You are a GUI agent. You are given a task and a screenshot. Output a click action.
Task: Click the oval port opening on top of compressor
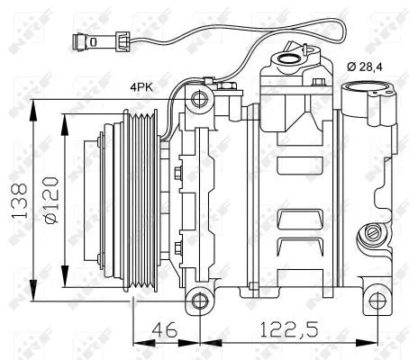[292, 60]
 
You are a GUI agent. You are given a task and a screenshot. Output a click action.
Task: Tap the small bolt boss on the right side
[369, 236]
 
